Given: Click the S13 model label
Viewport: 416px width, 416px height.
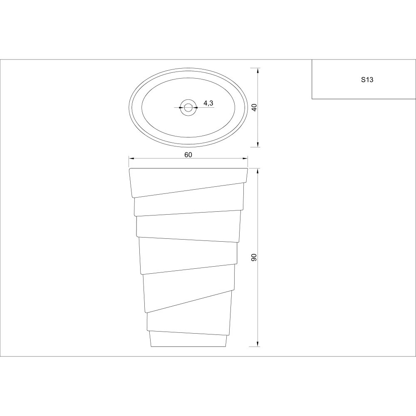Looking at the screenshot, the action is click(x=367, y=79).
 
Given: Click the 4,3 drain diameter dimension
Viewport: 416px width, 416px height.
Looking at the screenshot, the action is click(x=208, y=103).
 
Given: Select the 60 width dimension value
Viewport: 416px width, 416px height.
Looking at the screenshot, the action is click(x=188, y=155).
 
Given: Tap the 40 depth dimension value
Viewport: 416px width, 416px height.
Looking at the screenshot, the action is click(x=254, y=107).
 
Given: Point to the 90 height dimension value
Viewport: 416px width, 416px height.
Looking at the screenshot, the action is click(x=254, y=258).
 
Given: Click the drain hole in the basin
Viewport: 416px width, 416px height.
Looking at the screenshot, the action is click(x=188, y=107).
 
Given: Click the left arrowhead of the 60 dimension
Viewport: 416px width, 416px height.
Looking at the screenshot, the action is click(x=131, y=158).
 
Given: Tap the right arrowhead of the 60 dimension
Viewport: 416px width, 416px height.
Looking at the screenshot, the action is click(x=245, y=158).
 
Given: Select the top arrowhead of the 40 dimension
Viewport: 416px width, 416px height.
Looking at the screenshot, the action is click(x=258, y=71).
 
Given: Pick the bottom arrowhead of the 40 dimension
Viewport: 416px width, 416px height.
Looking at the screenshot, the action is click(x=258, y=144).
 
